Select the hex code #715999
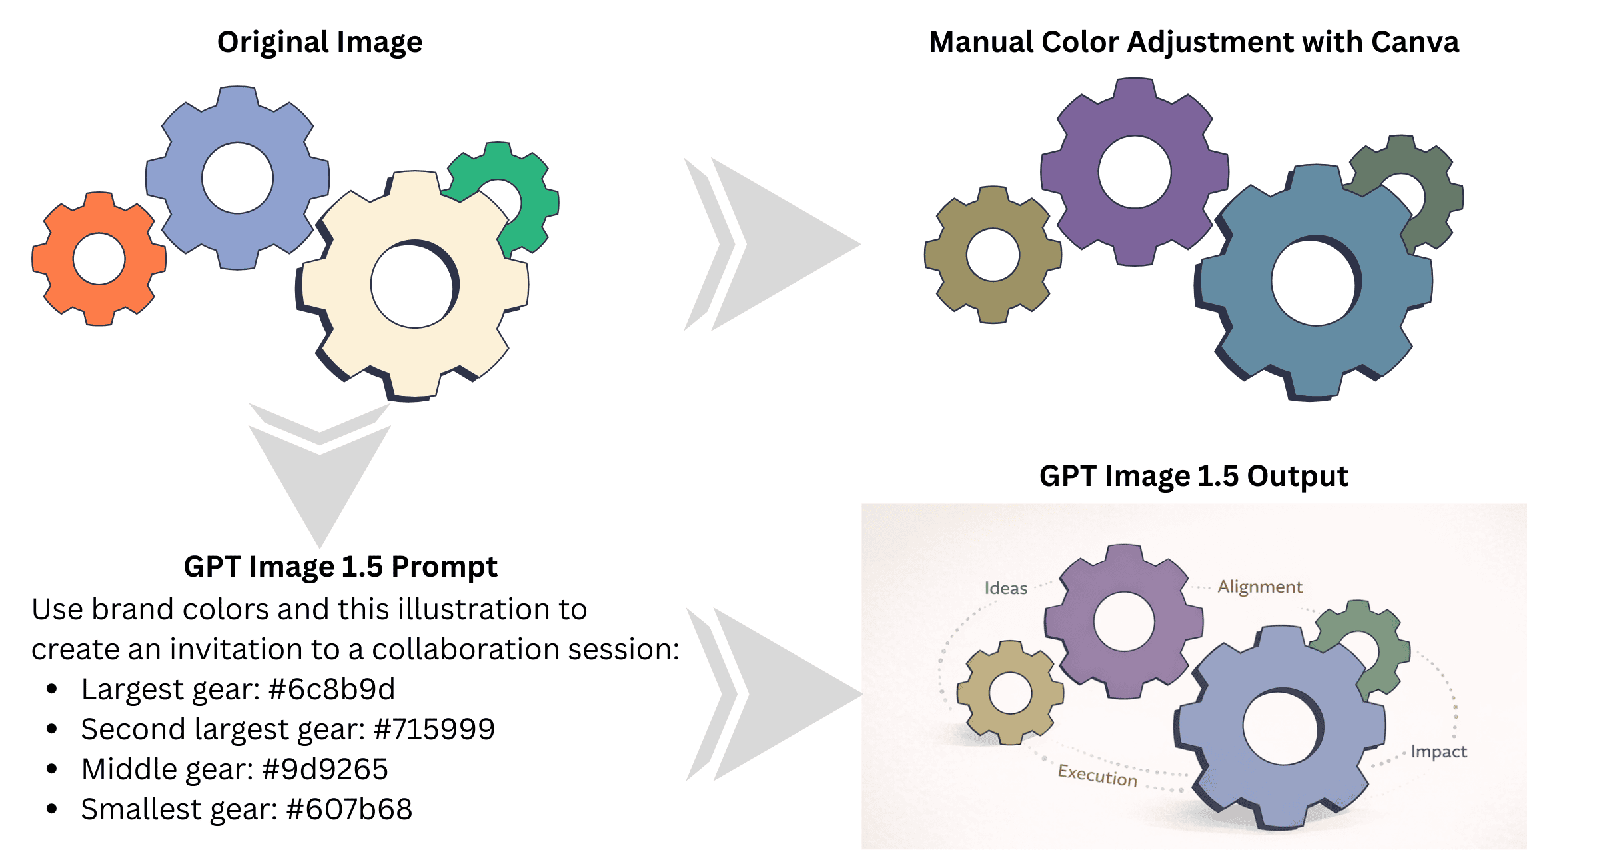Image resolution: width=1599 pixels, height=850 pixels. coord(434,729)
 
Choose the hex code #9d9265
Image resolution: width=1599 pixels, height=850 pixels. coord(325,769)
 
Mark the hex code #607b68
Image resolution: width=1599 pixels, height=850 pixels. coord(349,809)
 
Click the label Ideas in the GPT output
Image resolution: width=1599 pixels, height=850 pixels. coord(1005,588)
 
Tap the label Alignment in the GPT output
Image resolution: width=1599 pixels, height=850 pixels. coord(1259,587)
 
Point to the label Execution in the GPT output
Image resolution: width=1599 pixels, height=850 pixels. coord(1097,775)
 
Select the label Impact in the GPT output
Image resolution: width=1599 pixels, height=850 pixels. coord(1438,751)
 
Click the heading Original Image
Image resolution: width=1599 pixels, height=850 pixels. coord(320,42)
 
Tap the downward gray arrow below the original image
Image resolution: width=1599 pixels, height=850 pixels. coord(320,473)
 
